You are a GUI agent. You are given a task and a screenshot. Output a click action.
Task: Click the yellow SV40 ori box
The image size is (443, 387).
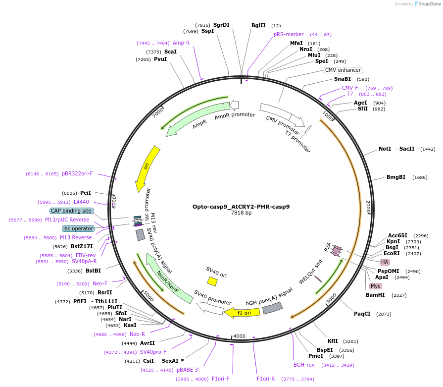pos(212,281)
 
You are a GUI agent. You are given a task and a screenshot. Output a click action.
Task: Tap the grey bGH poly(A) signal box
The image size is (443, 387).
pos(272,308)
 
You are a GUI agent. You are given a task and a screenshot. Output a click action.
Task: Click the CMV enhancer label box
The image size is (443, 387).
pos(343,70)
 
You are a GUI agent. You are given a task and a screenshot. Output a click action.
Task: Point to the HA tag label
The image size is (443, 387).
pos(385,262)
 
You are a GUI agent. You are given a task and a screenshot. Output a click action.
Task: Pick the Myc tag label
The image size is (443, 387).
pos(376,286)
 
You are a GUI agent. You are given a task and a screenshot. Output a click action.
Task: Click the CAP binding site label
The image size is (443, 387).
pos(71,211)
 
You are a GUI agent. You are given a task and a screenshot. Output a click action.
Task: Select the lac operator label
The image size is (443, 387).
pos(78,228)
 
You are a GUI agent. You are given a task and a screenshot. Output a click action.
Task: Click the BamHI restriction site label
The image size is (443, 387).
pos(375,295)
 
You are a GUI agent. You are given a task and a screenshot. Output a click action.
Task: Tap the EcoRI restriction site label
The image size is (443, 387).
pos(392,253)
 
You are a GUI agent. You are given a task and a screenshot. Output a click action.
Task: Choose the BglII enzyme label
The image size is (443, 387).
pos(258,25)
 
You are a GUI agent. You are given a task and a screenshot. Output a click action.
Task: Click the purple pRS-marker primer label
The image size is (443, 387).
pos(289,35)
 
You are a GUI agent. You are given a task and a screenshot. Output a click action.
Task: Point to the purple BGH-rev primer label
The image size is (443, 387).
pos(304,365)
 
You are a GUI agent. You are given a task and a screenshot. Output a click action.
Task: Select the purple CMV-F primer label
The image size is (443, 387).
pos(350,88)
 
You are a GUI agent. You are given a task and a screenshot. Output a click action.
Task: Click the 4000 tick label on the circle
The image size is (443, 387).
pos(239,336)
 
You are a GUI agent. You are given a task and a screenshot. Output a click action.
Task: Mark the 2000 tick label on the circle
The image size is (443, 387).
pos(368,207)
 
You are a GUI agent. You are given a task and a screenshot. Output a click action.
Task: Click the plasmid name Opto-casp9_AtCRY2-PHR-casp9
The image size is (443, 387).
pos(241,207)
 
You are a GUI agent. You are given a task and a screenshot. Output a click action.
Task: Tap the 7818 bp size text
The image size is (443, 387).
pos(241,213)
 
